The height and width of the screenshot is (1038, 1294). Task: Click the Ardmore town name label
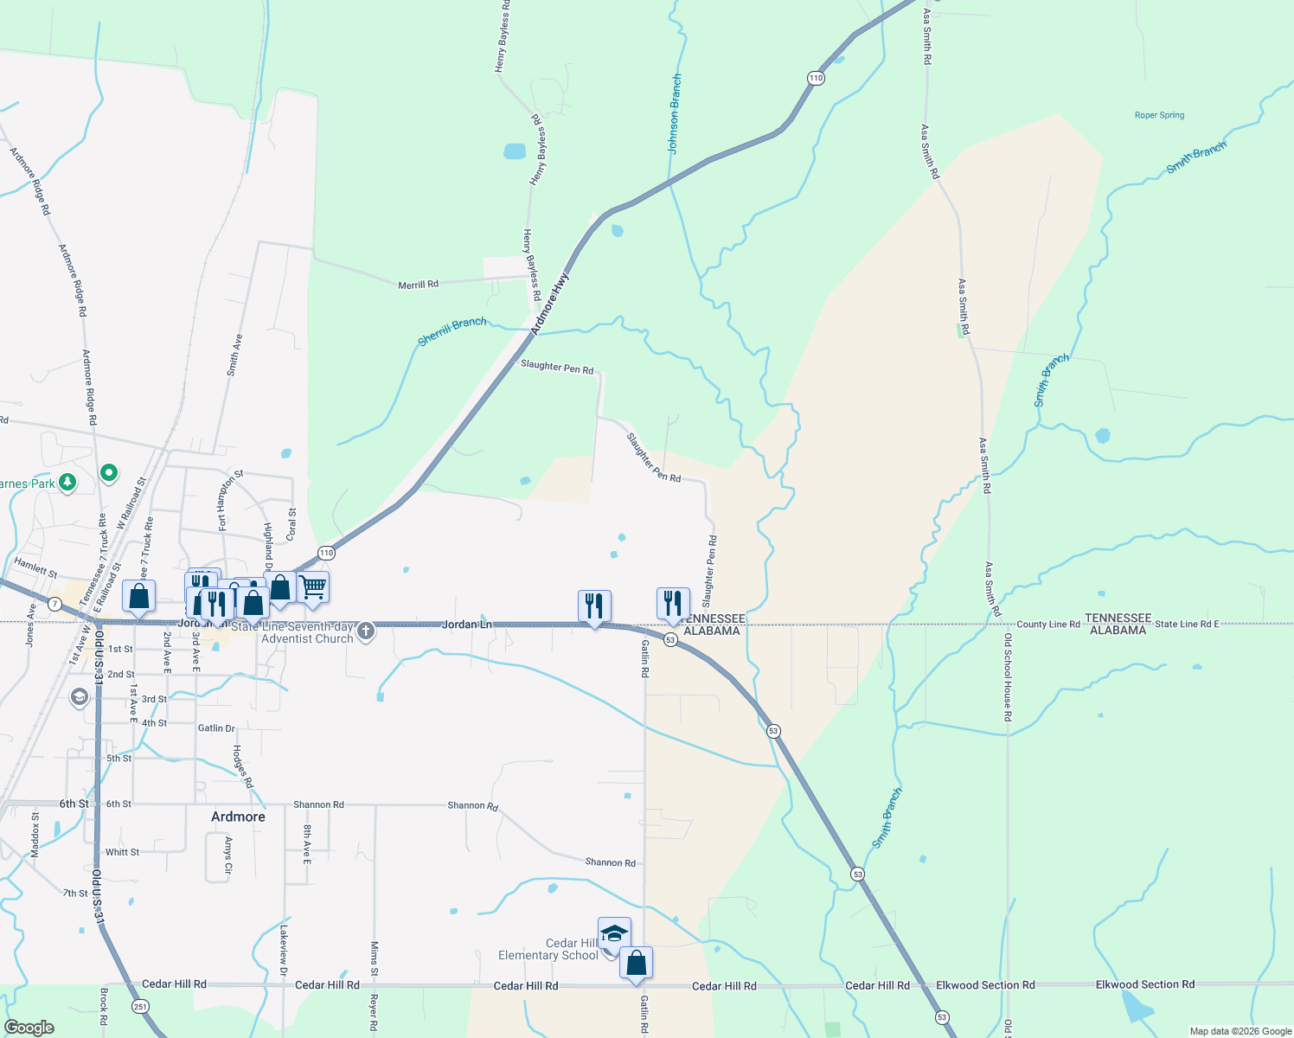point(238,817)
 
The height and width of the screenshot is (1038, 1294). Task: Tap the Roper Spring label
point(1159,115)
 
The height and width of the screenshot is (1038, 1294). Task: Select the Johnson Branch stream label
point(675,114)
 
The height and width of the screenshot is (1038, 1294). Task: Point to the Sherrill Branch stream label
point(452,331)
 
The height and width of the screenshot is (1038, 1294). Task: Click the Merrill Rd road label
point(418,285)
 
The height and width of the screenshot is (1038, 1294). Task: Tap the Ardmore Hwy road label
point(550,304)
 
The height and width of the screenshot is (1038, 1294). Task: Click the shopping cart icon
point(313,587)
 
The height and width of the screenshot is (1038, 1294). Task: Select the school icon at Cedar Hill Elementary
point(614,934)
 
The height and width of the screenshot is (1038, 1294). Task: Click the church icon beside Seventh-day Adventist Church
point(366,631)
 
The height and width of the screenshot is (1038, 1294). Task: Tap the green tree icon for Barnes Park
point(67,483)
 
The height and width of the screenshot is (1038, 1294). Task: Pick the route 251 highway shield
point(139,1006)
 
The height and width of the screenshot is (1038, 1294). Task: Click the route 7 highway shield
point(55,603)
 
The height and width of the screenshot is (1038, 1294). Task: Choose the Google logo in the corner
point(29,1028)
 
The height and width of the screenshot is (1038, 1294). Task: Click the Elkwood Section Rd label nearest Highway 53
point(985,985)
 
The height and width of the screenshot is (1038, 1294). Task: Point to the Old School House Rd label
point(1008,677)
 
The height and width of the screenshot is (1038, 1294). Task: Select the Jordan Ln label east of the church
point(467,625)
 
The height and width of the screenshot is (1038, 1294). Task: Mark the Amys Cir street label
point(228,855)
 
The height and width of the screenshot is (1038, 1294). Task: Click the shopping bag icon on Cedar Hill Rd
point(636,963)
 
